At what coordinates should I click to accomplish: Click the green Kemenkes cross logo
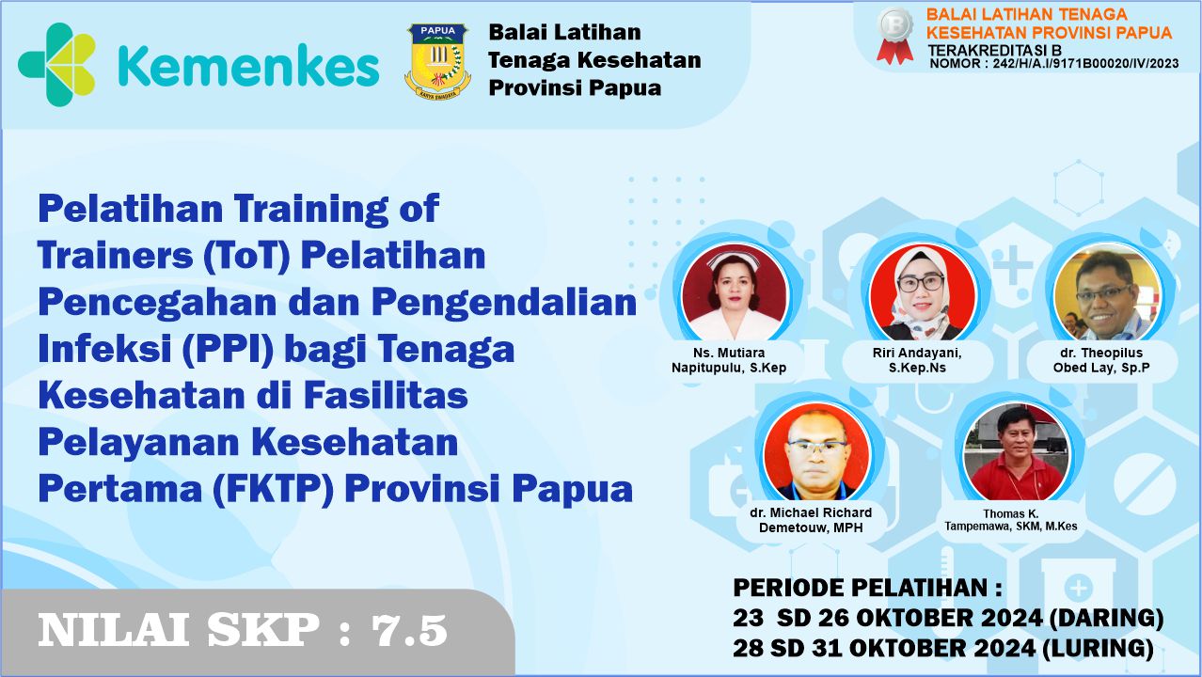[x=57, y=64]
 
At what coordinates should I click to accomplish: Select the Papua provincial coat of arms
[x=437, y=62]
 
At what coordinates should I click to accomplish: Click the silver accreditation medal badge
[x=894, y=36]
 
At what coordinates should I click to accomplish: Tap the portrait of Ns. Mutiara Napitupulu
[x=735, y=293]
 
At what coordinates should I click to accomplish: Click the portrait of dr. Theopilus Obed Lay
[x=1106, y=293]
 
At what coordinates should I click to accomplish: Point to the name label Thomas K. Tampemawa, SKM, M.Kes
[x=1011, y=520]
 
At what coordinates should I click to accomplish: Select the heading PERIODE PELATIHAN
[x=866, y=589]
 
